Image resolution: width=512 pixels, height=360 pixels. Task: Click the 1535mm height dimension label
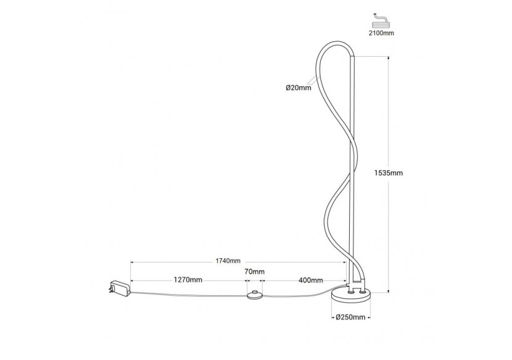389,173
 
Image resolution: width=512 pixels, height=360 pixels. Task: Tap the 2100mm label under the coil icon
381,33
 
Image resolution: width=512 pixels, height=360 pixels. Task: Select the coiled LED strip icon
381,21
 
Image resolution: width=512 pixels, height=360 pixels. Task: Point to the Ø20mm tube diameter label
299,88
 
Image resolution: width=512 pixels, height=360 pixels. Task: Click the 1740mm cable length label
228,261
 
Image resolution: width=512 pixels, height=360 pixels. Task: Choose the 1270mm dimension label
188,280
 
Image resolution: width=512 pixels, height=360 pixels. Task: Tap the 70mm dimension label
255,272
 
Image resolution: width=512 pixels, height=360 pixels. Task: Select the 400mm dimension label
310,280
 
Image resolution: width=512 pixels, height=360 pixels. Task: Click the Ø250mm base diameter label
350,317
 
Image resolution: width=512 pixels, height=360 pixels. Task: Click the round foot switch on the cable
255,295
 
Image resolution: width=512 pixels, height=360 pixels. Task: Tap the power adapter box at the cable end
120,287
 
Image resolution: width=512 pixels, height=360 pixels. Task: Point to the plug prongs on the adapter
108,289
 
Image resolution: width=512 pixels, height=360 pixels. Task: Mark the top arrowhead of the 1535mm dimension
388,59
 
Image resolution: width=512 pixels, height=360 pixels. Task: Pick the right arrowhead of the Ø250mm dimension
368,317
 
